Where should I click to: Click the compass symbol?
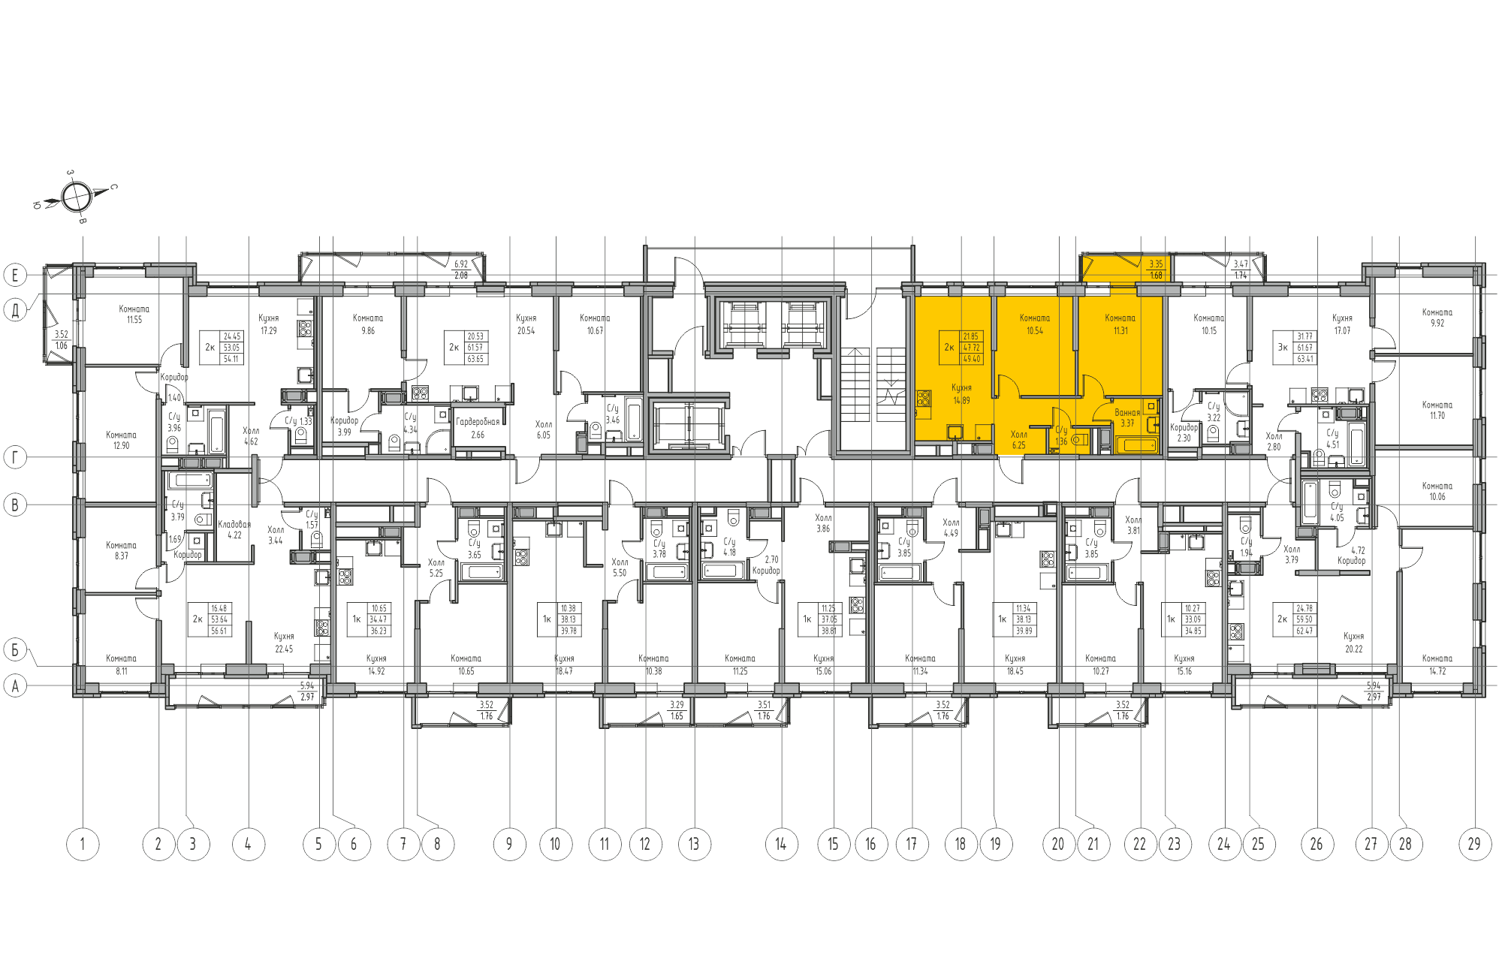coord(76,197)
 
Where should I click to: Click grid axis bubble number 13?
coord(694,844)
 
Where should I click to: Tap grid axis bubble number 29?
coord(1474,844)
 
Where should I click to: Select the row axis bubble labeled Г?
coord(15,456)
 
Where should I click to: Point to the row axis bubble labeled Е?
coord(15,275)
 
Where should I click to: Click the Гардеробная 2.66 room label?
coord(478,428)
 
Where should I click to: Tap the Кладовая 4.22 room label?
coord(234,529)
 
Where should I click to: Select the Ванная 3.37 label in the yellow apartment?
coord(1127,417)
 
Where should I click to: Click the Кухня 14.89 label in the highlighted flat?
coord(961,394)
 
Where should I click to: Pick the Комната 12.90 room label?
coord(121,440)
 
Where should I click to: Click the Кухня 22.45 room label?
coord(284,643)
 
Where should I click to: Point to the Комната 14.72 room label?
coord(1437,664)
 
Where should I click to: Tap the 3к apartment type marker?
coord(1283,348)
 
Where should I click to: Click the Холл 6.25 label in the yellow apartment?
coord(1018,439)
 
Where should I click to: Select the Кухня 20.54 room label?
coord(526,324)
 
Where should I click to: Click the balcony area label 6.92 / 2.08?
coord(460,270)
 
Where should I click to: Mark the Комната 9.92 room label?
coord(1437,318)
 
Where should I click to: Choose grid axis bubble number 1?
coord(83,844)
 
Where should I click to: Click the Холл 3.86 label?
coord(823,523)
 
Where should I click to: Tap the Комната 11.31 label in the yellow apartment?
coord(1120,324)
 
